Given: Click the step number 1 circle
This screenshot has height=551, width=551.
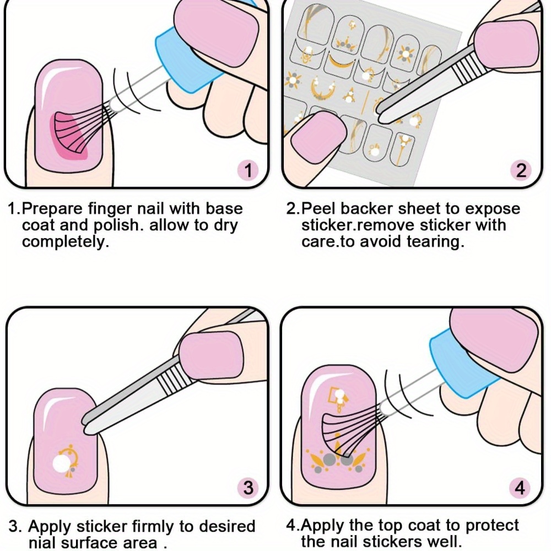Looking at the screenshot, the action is pos(249,170).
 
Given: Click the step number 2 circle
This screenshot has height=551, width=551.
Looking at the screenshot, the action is pos(521,170).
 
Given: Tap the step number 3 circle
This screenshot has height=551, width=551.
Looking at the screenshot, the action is pos(249,488).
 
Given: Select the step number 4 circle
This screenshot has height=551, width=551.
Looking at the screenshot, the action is pos(520,488).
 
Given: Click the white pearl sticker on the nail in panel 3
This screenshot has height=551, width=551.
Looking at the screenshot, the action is pos(61,463).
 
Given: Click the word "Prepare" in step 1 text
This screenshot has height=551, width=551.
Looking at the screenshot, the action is pos(53,209).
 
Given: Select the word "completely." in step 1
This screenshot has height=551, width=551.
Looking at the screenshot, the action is pos(66,242).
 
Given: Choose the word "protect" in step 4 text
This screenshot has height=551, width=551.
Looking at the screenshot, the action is pos(492,526).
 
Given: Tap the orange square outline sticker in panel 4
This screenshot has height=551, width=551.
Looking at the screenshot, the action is pos(333,395).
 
